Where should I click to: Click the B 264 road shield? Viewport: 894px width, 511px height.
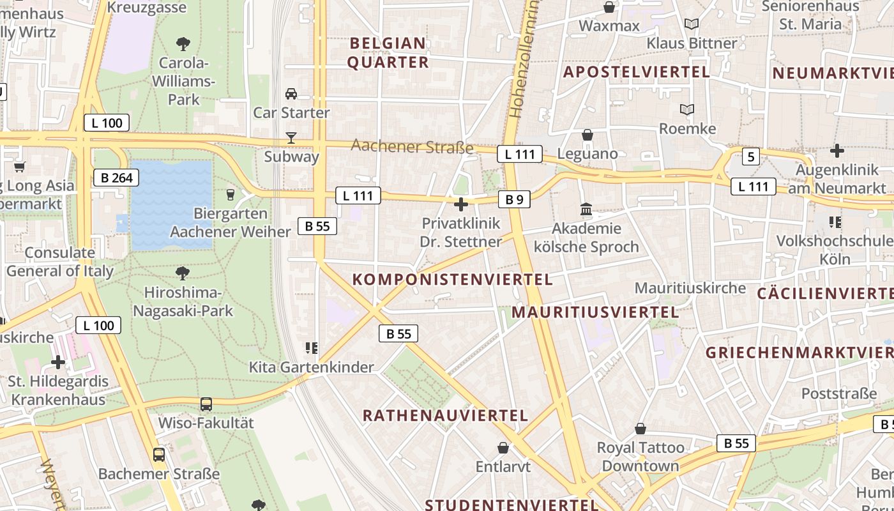pyautogui.click(x=116, y=178)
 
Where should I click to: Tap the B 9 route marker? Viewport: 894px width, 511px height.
pyautogui.click(x=514, y=200)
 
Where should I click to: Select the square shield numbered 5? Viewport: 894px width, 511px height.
pyautogui.click(x=750, y=156)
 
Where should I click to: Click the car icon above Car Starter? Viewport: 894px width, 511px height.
pyautogui.click(x=291, y=94)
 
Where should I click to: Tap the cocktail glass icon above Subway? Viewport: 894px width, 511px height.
pyautogui.click(x=291, y=137)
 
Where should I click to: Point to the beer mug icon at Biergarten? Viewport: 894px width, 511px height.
pyautogui.click(x=231, y=194)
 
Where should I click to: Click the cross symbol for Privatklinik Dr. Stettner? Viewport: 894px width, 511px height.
pyautogui.click(x=460, y=204)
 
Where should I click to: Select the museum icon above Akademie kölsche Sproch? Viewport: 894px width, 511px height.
pyautogui.click(x=586, y=209)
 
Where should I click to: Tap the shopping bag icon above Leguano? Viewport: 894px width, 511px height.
pyautogui.click(x=587, y=135)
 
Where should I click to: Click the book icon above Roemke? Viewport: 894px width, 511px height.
pyautogui.click(x=687, y=110)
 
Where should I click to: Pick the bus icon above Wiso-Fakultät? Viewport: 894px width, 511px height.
pyautogui.click(x=206, y=404)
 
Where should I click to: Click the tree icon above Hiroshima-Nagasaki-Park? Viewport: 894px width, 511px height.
pyautogui.click(x=183, y=273)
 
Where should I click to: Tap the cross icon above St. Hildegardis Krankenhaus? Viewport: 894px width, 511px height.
pyautogui.click(x=58, y=363)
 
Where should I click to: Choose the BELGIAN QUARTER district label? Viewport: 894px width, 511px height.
pyautogui.click(x=388, y=53)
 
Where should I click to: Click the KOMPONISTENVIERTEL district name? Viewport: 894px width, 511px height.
pyautogui.click(x=452, y=280)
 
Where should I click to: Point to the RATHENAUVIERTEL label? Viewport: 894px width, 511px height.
pyautogui.click(x=445, y=416)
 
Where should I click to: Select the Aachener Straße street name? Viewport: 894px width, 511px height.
pyautogui.click(x=412, y=147)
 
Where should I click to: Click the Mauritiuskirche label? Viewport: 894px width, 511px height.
pyautogui.click(x=690, y=288)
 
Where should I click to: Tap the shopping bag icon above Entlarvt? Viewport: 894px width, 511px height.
pyautogui.click(x=503, y=448)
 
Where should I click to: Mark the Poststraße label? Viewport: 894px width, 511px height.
pyautogui.click(x=839, y=393)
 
